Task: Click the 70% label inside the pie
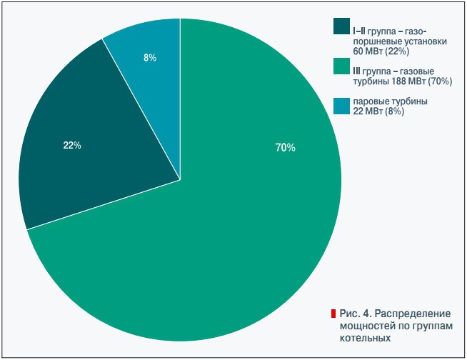click(x=285, y=148)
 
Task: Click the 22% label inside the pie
click(x=72, y=146)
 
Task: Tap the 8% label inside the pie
click(x=150, y=58)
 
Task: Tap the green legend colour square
click(x=341, y=66)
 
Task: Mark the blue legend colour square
click(x=341, y=106)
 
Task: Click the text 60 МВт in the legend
click(x=371, y=51)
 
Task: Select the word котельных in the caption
click(x=365, y=336)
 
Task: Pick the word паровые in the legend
click(x=371, y=101)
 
